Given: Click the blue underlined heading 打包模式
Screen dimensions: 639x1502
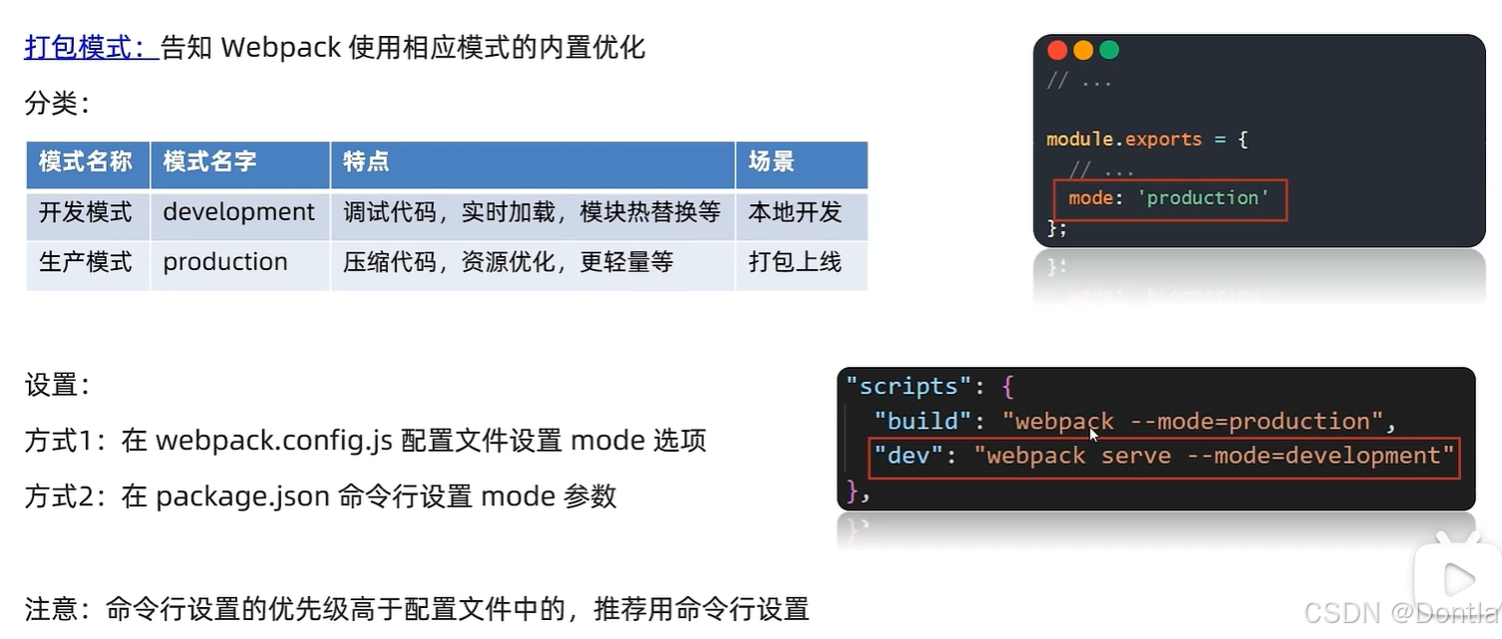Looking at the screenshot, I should coord(90,47).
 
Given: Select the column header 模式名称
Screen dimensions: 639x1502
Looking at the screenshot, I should coord(86,162).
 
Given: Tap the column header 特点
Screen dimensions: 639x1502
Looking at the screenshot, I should coord(366,162).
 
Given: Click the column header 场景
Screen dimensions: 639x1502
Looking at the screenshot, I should coord(771,162).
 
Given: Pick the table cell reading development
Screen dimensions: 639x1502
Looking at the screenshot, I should coord(238,212).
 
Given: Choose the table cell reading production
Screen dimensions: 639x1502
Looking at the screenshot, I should coord(225,262).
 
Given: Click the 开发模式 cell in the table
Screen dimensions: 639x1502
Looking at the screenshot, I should coord(86,212).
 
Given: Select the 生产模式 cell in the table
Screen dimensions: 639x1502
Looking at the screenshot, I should coord(86,262).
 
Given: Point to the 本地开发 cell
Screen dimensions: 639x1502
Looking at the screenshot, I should coord(795,212).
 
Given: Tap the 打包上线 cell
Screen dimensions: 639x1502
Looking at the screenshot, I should coord(795,262).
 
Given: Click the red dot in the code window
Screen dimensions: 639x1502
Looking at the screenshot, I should coord(1057,51).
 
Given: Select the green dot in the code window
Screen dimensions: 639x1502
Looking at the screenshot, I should coord(1109,51).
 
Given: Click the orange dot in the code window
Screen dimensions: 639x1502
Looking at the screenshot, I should coord(1083,51).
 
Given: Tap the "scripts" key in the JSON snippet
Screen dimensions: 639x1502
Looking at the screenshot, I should coord(902,386).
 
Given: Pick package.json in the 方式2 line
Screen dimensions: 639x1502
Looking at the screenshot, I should coord(242,495).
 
